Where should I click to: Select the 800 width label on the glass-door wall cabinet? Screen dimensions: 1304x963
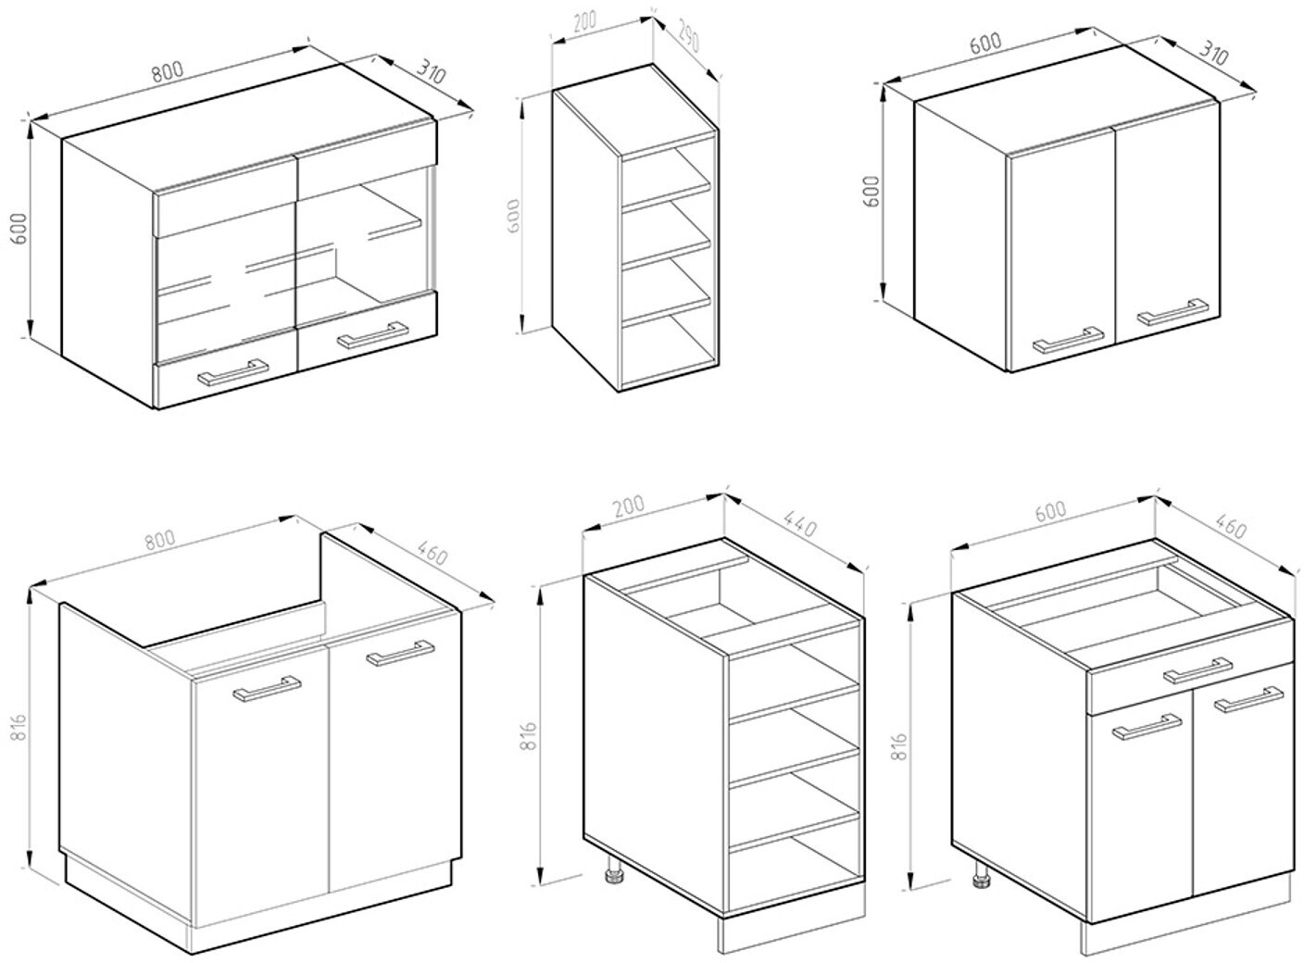(x=168, y=71)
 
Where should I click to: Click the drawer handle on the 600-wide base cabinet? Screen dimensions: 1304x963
(x=1197, y=670)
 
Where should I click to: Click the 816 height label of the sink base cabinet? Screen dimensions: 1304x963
(x=19, y=727)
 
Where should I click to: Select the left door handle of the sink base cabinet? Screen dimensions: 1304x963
(x=267, y=688)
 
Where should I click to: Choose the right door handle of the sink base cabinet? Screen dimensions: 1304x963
(x=400, y=653)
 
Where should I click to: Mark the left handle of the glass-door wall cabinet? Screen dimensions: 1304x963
(x=233, y=372)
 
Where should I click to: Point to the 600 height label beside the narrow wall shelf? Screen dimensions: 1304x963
(x=513, y=216)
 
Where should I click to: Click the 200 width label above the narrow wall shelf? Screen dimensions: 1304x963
(x=584, y=21)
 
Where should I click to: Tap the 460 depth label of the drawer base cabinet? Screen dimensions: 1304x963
(x=1231, y=527)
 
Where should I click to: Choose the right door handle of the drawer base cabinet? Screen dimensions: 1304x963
(x=1248, y=699)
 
